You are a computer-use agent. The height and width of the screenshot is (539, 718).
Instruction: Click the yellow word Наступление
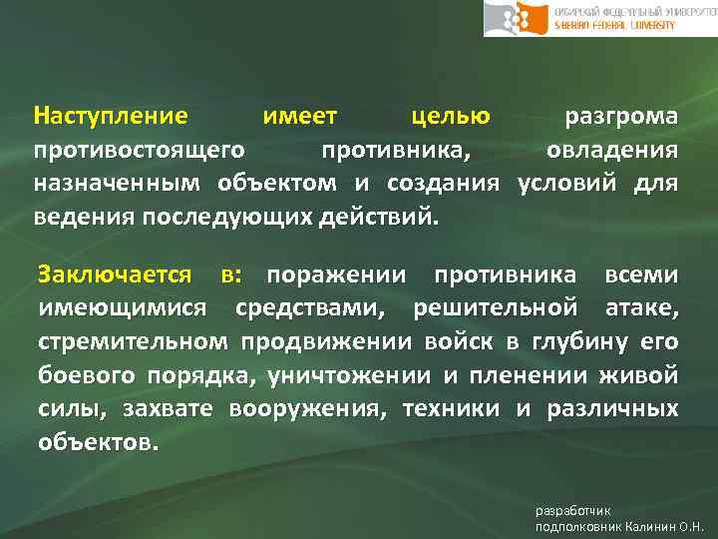[110, 117]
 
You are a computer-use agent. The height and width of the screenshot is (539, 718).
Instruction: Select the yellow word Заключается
[115, 274]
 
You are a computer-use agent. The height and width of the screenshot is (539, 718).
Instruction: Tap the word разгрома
[621, 117]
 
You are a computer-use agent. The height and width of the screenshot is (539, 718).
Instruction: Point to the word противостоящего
[141, 151]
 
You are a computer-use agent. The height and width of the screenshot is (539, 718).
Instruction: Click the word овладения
[612, 151]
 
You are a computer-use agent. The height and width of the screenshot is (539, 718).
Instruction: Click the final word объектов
[97, 442]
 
